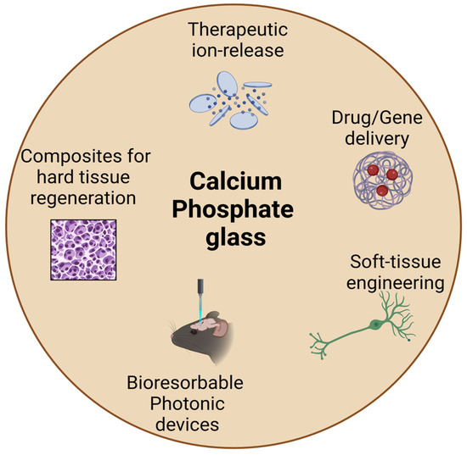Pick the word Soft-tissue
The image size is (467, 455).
click(x=393, y=262)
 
